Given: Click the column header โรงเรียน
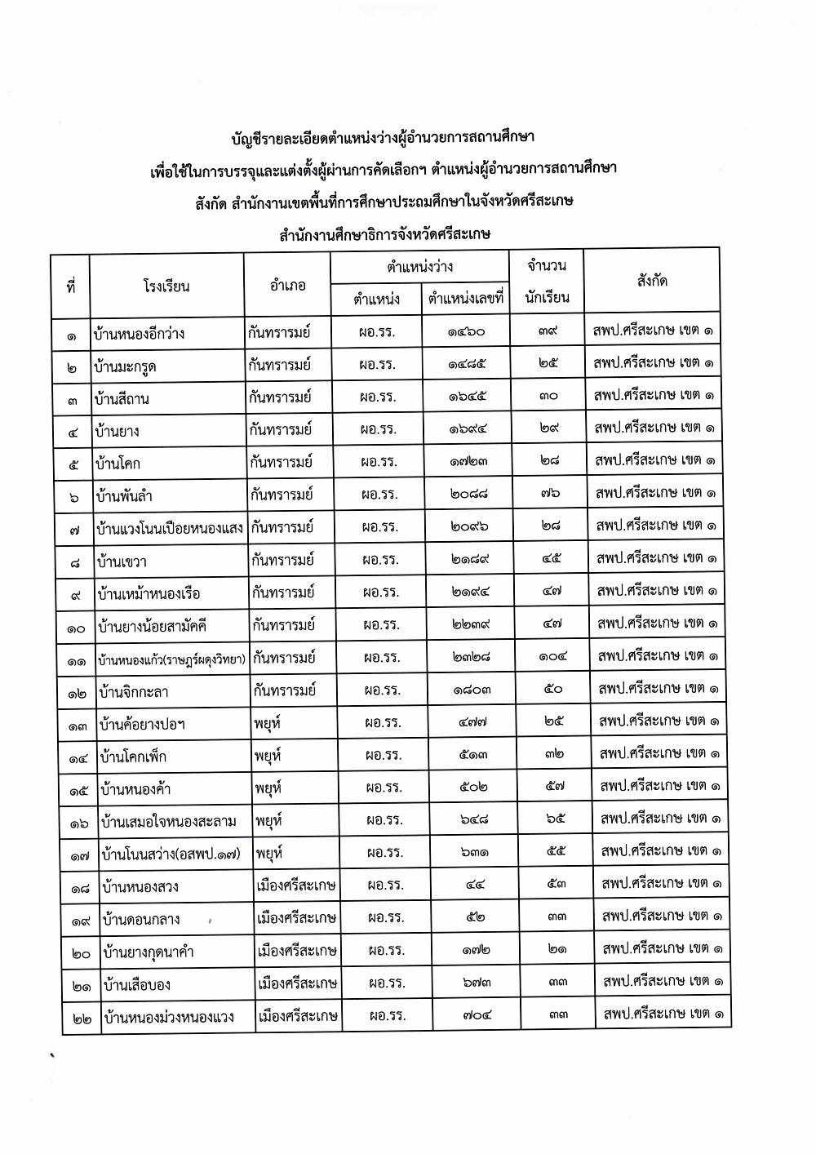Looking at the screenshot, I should coord(166,286).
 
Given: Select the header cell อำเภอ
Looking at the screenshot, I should coord(286,286).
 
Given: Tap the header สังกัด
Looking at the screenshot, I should coord(651,281).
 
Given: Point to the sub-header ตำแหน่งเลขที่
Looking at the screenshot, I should coord(466,299).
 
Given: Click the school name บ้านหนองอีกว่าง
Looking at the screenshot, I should coord(140,334).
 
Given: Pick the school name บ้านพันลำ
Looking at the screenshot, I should coord(124,496).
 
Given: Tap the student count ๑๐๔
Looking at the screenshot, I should coord(552,656).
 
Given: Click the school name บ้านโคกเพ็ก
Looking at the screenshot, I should coord(135,757).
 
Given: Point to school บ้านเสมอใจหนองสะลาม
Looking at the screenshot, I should coord(168,821).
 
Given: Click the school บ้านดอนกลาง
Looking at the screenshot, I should coord(141,920).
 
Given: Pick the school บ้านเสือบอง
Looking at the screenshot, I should coord(137,985).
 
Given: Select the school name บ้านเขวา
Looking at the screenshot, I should coord(122,561).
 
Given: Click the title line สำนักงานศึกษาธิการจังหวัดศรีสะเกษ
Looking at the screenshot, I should coord(384,235).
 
